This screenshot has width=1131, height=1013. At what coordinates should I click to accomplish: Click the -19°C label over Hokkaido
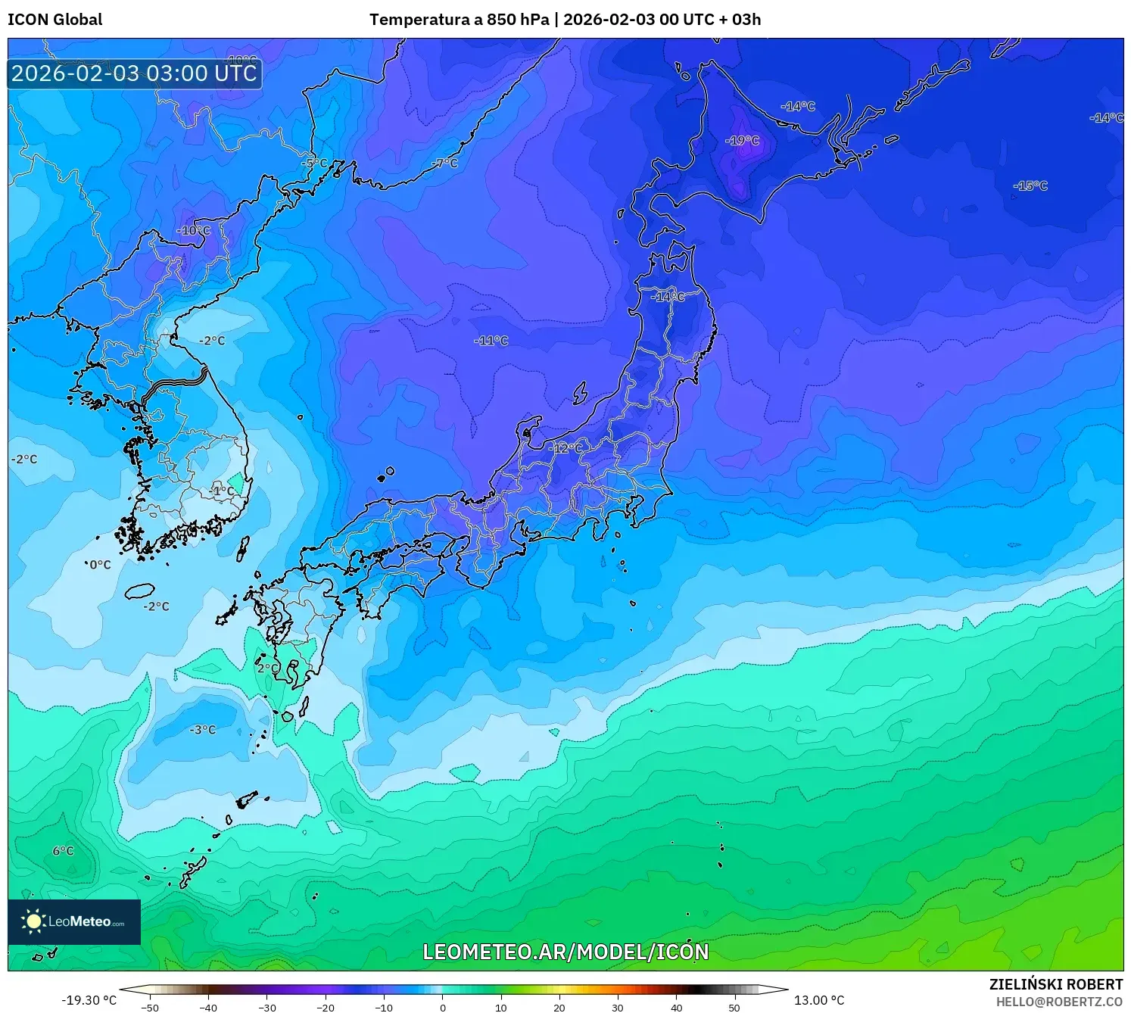tap(742, 140)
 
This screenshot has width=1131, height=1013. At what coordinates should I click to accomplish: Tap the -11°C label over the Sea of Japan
tap(491, 341)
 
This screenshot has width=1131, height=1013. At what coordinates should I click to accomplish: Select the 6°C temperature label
tap(63, 851)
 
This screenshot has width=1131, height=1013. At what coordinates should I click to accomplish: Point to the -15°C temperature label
tap(1030, 185)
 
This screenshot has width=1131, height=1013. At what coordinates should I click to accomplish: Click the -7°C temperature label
tap(445, 163)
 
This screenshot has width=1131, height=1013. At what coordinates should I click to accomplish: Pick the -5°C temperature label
tap(314, 163)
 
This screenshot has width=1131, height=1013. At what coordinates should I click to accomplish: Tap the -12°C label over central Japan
tap(565, 448)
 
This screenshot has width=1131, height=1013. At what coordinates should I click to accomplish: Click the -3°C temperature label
tap(203, 730)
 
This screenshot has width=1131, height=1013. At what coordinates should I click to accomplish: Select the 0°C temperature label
tap(100, 564)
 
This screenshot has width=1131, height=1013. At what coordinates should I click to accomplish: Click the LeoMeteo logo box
tap(74, 921)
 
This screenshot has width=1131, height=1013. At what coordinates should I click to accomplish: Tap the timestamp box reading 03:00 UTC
tap(135, 73)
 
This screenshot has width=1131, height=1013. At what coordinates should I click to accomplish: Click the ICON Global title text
tap(55, 20)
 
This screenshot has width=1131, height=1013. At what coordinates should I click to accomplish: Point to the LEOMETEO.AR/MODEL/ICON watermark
tap(565, 952)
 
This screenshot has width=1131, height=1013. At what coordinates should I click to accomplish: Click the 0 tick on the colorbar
tap(443, 1008)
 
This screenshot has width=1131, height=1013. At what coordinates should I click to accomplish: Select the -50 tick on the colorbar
tap(150, 1008)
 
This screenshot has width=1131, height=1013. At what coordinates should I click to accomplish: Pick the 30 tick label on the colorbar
tap(618, 1008)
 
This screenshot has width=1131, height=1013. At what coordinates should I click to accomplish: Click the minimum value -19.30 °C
tap(89, 1000)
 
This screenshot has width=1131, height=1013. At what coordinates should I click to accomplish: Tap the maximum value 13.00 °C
tap(819, 1000)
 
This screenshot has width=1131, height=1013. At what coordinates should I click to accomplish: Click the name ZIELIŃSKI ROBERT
tap(1056, 984)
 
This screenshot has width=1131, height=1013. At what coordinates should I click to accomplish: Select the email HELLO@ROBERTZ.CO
tap(1059, 1002)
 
